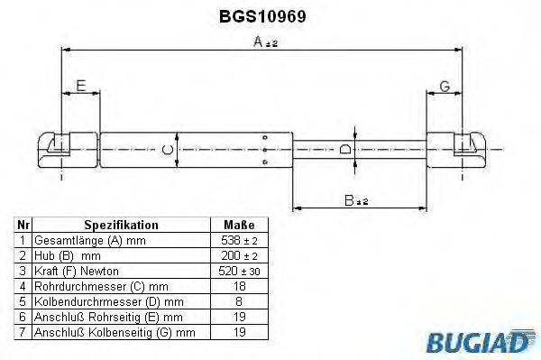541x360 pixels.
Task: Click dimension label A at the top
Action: click(260, 42)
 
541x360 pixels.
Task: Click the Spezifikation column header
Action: click(121, 225)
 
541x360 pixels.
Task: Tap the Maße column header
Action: click(238, 225)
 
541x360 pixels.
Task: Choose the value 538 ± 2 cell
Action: click(238, 241)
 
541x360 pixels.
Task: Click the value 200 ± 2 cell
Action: click(238, 256)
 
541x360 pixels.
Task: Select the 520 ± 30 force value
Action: click(238, 271)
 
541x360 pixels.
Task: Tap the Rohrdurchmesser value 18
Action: click(238, 287)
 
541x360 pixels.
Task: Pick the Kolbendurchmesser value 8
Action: click(238, 302)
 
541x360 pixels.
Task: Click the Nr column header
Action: click(24, 225)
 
